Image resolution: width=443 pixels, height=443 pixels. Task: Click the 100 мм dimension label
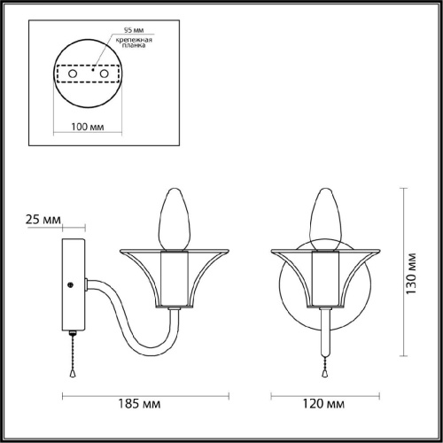[88, 127]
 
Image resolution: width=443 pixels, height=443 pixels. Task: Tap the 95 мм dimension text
[134, 30]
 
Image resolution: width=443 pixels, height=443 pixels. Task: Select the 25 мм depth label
[43, 220]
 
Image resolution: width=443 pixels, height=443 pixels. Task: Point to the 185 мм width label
[139, 403]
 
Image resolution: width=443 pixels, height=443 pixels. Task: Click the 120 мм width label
[323, 403]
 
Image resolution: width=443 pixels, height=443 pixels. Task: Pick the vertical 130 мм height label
[411, 274]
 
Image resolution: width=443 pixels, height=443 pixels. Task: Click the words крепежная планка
[134, 43]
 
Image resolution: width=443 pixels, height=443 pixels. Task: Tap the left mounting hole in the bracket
[73, 74]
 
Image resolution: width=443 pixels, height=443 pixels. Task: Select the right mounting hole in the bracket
[104, 74]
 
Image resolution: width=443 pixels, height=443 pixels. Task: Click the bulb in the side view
[175, 219]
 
